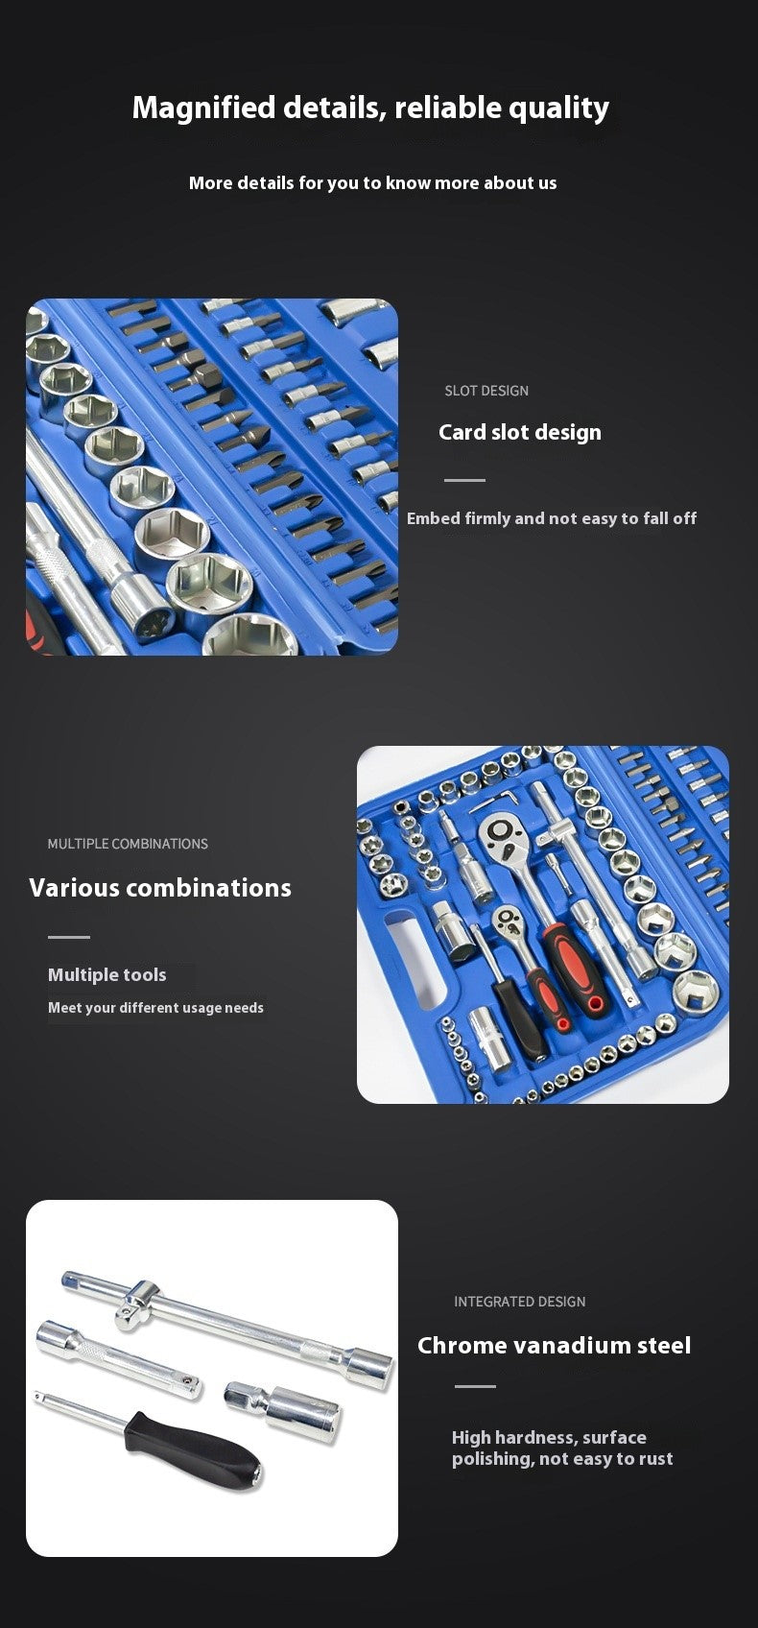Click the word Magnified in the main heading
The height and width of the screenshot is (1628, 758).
[203, 108]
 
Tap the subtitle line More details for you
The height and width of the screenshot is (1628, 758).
[373, 183]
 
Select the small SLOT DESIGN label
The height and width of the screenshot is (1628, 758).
[486, 391]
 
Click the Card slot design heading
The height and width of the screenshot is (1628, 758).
[520, 432]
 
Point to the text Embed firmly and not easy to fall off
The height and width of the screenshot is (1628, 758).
[551, 518]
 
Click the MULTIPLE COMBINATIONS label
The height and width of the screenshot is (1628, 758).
[128, 844]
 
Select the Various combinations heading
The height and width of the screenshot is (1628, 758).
[160, 887]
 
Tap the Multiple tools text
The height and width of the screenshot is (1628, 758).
[107, 974]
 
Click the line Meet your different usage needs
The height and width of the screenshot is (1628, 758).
[155, 1008]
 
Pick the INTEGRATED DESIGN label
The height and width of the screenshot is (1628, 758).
[520, 1302]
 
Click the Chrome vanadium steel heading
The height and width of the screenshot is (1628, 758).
[554, 1345]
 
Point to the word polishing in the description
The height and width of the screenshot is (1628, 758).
[492, 1459]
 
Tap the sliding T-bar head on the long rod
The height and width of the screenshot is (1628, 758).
[138, 1304]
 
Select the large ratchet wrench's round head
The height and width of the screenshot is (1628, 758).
[502, 835]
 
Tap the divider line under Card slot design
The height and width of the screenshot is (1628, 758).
[464, 480]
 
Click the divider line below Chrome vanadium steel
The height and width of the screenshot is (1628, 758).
[475, 1387]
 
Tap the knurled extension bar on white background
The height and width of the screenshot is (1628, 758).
[118, 1358]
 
